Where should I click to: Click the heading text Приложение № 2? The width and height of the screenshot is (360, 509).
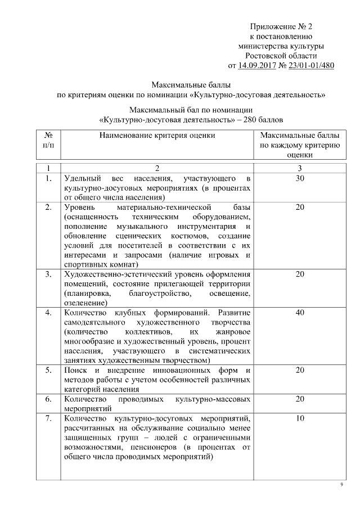(x=281, y=26)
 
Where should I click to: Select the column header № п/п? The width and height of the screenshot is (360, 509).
(x=48, y=140)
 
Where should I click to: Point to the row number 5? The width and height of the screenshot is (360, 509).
(x=48, y=370)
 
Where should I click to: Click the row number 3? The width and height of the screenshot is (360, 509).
(x=48, y=274)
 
